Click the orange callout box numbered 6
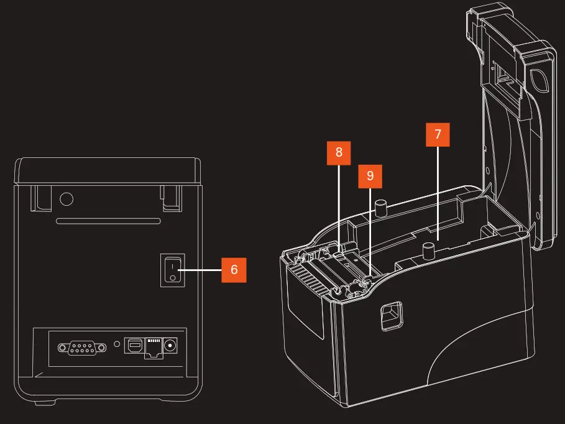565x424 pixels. click(x=234, y=270)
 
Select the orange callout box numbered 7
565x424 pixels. click(x=438, y=134)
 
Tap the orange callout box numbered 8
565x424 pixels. click(x=339, y=152)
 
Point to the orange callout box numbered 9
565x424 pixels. click(x=370, y=176)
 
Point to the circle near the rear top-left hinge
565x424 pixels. click(x=67, y=200)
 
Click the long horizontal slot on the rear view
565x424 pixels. click(x=108, y=221)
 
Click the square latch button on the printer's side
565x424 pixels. click(x=390, y=316)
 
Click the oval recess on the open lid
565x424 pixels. click(x=538, y=79)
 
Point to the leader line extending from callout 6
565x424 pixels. click(x=200, y=270)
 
